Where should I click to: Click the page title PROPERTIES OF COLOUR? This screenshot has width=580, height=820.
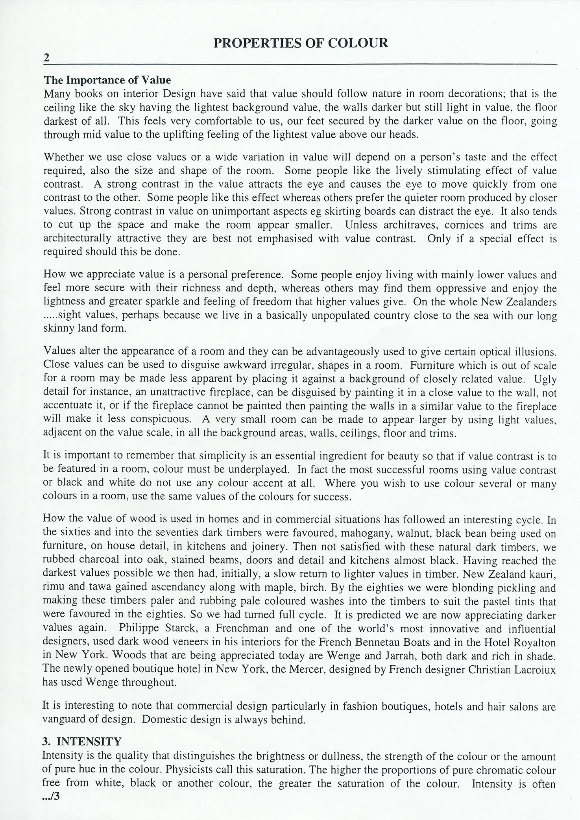click(301, 43)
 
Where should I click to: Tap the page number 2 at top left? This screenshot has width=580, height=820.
click(47, 58)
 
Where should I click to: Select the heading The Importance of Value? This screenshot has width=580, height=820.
click(107, 80)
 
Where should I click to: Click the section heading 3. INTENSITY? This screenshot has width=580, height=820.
click(82, 742)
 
